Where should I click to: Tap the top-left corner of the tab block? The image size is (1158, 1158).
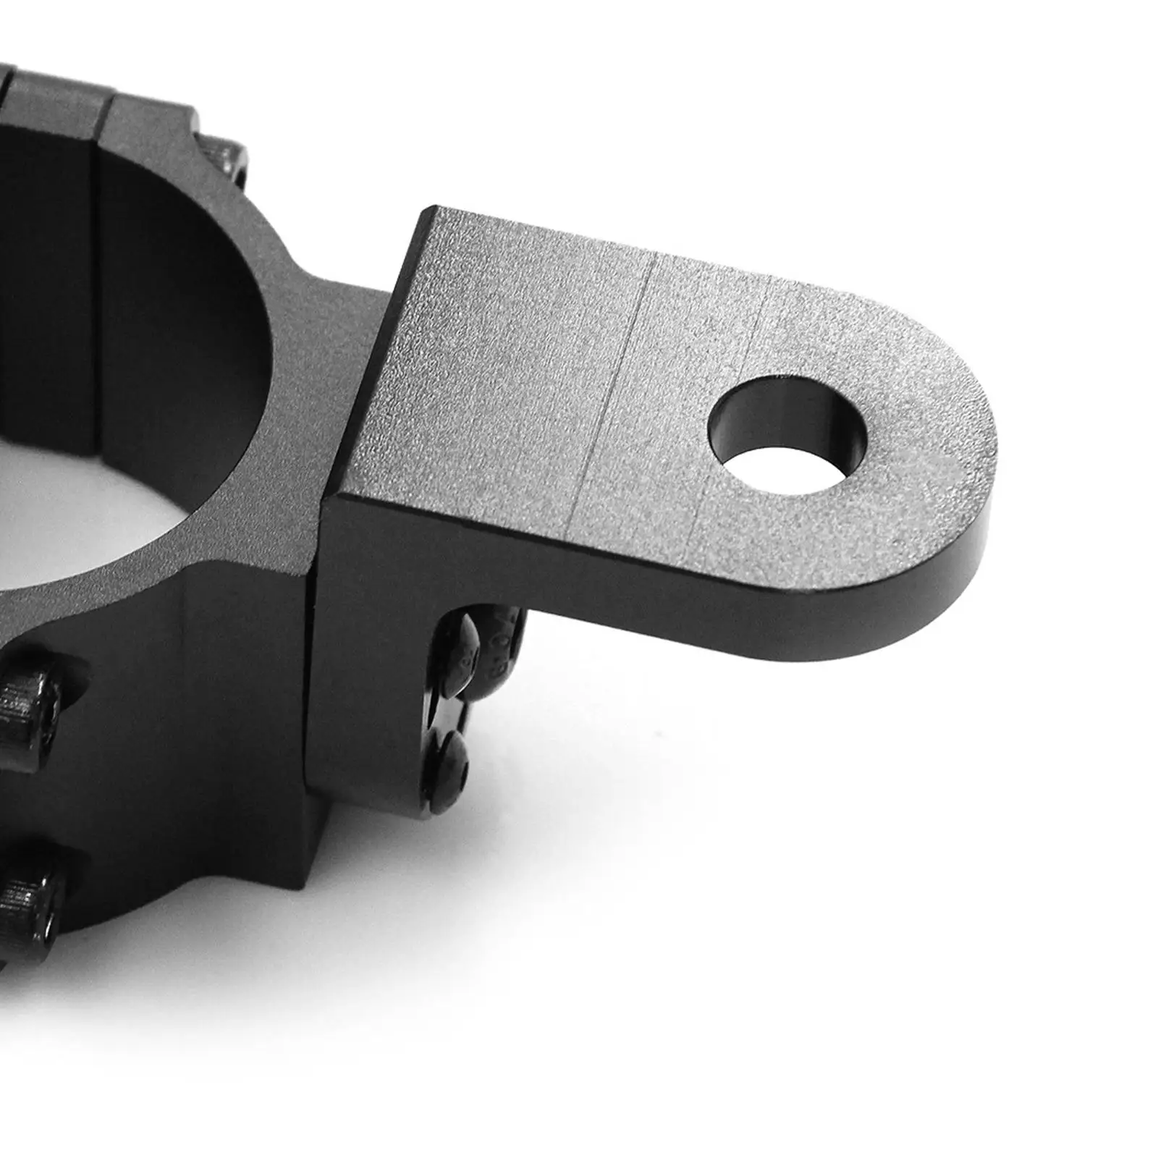pos(433,210)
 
